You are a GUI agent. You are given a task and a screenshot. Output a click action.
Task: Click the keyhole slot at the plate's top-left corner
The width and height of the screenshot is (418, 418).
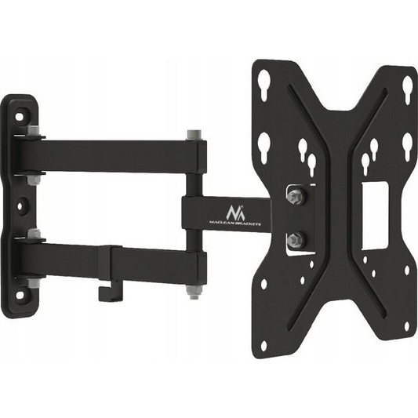tap(265, 82)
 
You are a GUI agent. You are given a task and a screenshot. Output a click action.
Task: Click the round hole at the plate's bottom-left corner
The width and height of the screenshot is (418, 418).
tap(264, 345)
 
